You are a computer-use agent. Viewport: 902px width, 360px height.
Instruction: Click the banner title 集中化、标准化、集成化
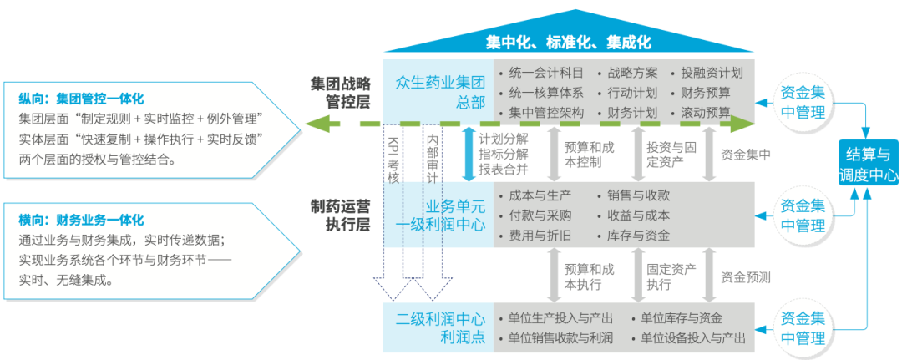[x=568, y=41]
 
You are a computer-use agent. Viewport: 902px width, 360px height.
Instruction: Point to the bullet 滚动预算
[x=706, y=112]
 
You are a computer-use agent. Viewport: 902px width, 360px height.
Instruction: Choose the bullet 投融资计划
[x=711, y=73]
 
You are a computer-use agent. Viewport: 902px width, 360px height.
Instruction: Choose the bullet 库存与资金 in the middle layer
[x=639, y=235]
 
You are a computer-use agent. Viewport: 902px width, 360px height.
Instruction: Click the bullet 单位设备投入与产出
[x=693, y=337]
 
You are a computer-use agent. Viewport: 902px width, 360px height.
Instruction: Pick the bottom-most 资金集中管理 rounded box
[x=803, y=328]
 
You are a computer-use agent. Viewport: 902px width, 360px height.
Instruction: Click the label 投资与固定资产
[x=671, y=155]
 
